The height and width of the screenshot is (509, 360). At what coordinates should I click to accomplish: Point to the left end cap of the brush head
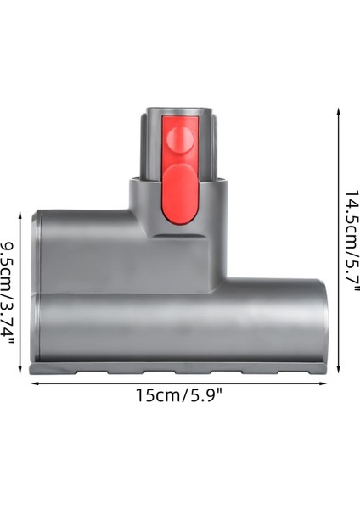point(35,288)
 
